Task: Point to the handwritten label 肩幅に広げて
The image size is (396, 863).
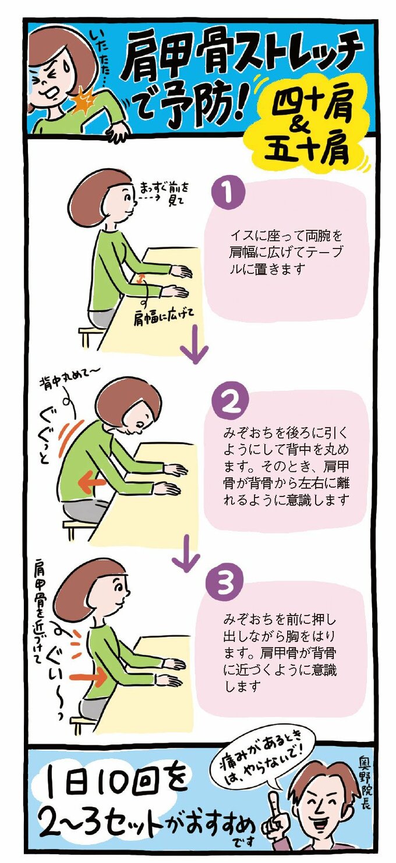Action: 163,318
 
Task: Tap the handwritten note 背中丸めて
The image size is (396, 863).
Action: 71,380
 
